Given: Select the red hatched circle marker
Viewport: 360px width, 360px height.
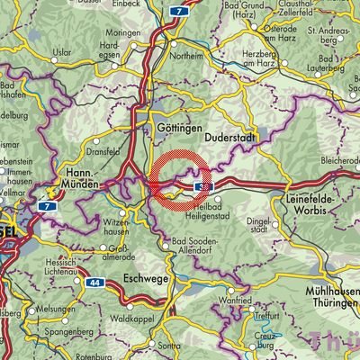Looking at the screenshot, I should [x=180, y=178].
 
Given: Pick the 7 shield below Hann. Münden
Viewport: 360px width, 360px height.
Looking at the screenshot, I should [x=42, y=206].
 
